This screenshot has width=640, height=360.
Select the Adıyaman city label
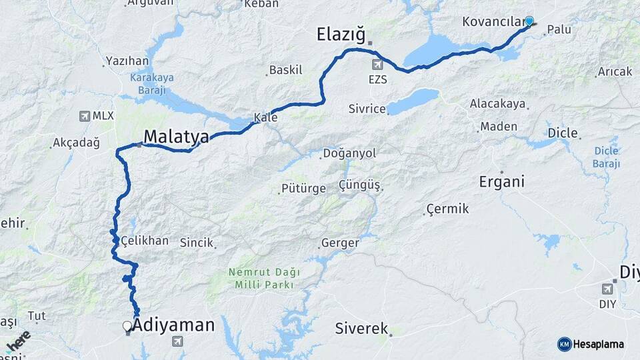coord(173,325)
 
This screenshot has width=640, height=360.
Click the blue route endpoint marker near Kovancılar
coord(529,21)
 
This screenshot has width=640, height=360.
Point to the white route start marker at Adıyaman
coord(127,326)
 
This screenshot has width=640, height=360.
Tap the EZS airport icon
coord(378,65)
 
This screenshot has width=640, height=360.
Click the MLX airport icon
coord(85,116)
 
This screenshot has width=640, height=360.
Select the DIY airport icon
coord(607,289)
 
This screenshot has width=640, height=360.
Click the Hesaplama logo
coord(591,344)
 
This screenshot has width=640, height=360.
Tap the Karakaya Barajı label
coord(151,83)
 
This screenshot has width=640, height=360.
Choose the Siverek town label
coord(361,328)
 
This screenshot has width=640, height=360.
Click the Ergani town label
coord(501,181)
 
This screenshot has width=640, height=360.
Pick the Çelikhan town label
coord(145,241)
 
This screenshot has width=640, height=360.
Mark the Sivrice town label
coord(367,109)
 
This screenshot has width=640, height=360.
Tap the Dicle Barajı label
coord(606,157)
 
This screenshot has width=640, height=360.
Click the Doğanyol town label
coord(349,153)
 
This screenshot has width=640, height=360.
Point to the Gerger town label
coord(340,243)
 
